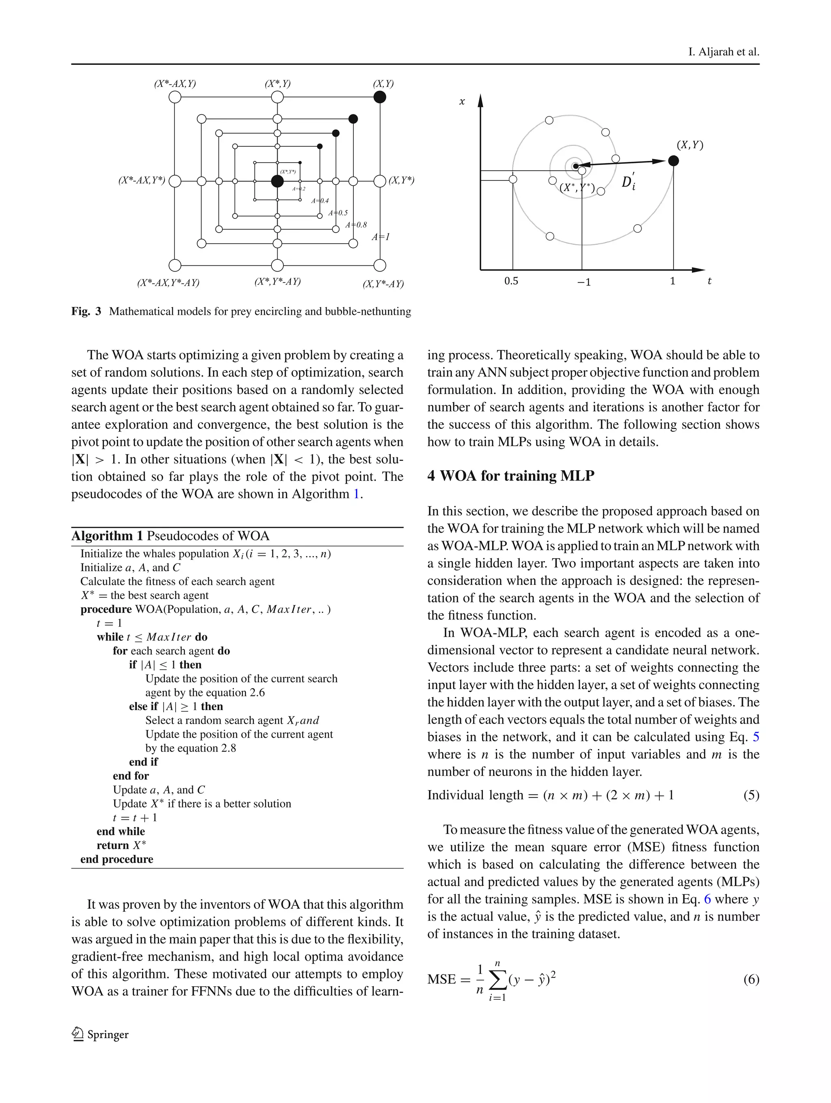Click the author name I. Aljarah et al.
(x=723, y=52)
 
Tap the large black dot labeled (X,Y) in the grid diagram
(x=380, y=97)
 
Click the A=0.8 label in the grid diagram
(x=356, y=225)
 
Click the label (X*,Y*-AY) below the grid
(x=278, y=281)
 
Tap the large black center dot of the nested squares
(x=278, y=181)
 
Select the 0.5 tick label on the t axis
(x=511, y=281)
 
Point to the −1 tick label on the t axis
(x=583, y=282)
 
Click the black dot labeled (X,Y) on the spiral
(x=673, y=161)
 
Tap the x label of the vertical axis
(x=462, y=102)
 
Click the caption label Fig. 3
(x=86, y=312)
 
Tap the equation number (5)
(x=751, y=795)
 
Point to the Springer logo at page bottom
(x=100, y=1034)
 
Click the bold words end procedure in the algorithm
(x=117, y=859)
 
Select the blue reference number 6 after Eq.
(x=707, y=899)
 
